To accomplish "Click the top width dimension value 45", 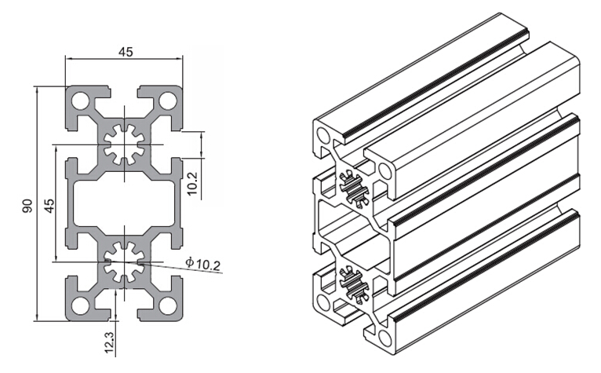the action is tap(126, 51).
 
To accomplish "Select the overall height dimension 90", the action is tap(27, 205).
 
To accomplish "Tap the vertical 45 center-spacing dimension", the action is tap(49, 205).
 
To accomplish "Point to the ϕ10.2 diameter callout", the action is tap(203, 264).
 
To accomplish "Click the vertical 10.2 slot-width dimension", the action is tap(192, 183).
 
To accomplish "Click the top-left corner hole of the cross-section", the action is tap(80, 101).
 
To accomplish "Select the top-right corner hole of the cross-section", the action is tap(167, 101).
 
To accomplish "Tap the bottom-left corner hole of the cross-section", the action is tap(80, 305).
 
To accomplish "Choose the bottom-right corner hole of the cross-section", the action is tap(167, 305).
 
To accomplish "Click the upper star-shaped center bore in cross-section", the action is tap(124, 144).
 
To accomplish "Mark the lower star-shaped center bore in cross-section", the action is tap(124, 262).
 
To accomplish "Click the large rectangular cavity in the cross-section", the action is tap(124, 203).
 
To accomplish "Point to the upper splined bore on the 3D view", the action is tap(355, 188).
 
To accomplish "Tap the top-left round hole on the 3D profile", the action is tap(323, 135).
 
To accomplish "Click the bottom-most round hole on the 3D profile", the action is tap(384, 338).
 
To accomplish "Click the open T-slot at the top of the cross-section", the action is tap(124, 97).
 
